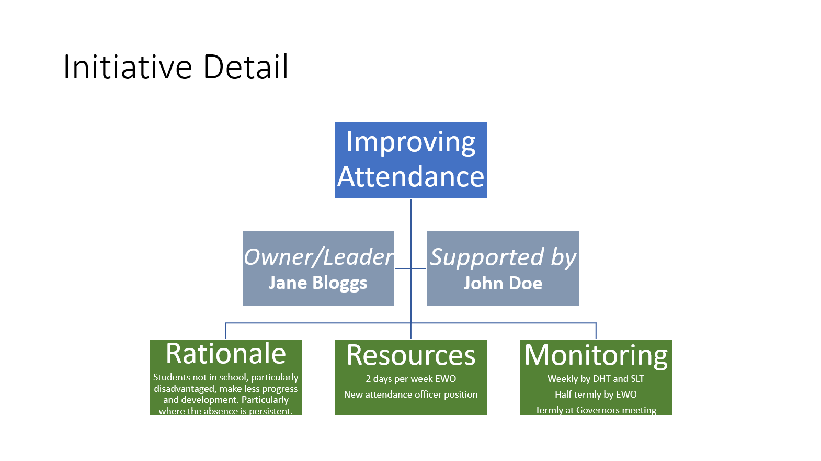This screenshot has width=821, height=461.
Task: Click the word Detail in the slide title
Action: click(245, 67)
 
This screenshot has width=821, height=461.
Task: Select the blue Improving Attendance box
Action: click(410, 160)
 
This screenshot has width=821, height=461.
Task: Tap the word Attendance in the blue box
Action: click(410, 177)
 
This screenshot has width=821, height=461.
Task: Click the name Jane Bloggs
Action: click(318, 283)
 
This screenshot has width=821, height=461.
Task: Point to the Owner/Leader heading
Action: click(318, 257)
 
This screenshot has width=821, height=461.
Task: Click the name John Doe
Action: click(503, 283)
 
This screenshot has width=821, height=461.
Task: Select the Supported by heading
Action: click(503, 257)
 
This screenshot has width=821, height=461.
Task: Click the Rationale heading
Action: click(226, 354)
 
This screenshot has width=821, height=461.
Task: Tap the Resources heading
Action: click(410, 355)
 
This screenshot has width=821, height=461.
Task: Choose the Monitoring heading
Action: click(596, 355)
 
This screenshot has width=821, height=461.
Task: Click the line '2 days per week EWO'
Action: click(410, 379)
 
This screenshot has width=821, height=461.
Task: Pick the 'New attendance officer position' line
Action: click(410, 395)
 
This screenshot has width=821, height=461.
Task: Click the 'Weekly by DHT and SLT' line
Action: click(596, 379)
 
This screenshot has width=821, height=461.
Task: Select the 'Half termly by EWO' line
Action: click(596, 395)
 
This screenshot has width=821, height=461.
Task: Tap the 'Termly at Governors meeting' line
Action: click(596, 410)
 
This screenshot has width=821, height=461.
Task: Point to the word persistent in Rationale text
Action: click(270, 411)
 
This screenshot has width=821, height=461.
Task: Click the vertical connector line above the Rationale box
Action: click(226, 331)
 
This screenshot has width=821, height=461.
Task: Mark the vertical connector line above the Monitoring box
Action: click(596, 331)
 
